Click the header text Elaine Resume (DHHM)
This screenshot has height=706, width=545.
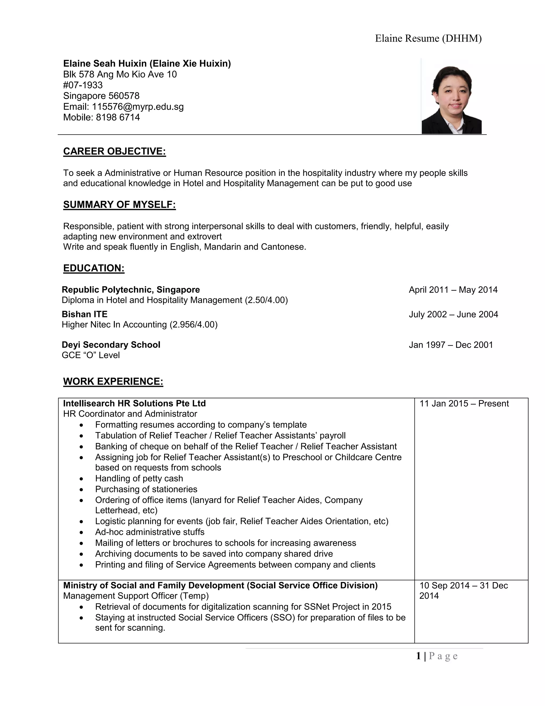click(428, 38)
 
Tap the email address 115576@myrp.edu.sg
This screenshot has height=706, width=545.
click(138, 107)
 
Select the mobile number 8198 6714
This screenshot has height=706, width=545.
click(118, 117)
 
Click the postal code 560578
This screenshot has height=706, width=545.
click(124, 96)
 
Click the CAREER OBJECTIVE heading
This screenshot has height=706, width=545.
click(114, 151)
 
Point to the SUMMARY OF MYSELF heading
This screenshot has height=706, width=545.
click(119, 205)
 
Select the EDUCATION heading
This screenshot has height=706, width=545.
click(94, 268)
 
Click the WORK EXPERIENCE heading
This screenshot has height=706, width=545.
click(113, 382)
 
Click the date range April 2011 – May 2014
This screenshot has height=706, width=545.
click(453, 290)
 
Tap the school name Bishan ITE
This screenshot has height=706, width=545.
click(85, 314)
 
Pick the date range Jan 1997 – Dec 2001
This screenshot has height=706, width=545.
click(451, 345)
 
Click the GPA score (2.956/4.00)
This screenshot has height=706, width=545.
click(194, 324)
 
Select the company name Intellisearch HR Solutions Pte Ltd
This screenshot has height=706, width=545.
click(134, 403)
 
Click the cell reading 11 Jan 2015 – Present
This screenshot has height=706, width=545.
click(464, 403)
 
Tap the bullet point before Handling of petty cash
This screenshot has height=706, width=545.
click(81, 479)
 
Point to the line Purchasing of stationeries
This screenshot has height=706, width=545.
click(146, 489)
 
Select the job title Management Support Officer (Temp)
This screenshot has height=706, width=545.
click(136, 596)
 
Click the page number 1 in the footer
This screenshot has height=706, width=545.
click(418, 656)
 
